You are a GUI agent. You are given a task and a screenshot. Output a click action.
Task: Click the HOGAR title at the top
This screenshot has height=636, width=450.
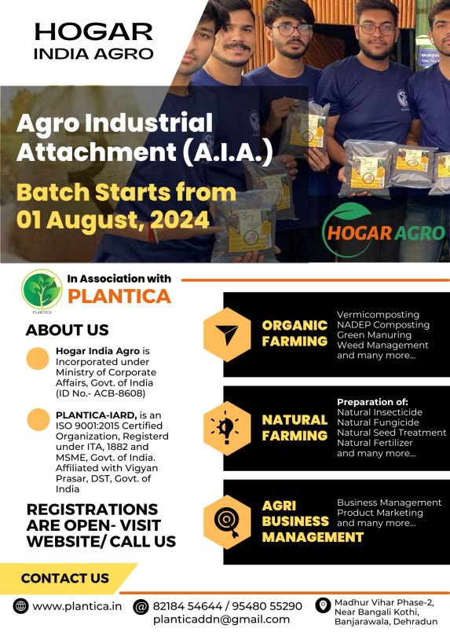(93, 31)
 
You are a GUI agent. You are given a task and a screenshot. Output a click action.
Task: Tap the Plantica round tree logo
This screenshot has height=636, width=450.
(42, 290)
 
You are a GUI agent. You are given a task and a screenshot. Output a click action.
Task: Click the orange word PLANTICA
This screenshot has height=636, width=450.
(119, 296)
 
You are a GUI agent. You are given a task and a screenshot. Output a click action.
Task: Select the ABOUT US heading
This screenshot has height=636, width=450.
(67, 330)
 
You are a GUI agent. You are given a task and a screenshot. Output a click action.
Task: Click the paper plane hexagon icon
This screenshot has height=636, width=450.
(227, 334)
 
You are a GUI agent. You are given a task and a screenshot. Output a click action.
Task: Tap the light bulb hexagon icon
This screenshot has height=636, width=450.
(227, 429)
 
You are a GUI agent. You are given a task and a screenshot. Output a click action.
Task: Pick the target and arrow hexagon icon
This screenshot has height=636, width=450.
(227, 522)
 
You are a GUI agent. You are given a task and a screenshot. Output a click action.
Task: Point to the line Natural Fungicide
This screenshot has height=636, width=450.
(372, 422)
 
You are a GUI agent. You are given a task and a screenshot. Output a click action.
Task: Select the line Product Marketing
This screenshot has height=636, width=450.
(380, 513)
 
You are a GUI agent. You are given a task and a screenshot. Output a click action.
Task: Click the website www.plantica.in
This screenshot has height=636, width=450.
(77, 606)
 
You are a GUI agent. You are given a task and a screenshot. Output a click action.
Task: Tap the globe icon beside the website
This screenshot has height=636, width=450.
(20, 606)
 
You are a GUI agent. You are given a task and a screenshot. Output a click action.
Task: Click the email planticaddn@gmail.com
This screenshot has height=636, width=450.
(221, 620)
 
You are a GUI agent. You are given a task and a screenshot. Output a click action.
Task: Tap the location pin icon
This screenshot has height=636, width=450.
(323, 605)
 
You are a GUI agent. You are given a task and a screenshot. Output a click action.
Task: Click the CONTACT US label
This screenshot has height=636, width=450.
(65, 578)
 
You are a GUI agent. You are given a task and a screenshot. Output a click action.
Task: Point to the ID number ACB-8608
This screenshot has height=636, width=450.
(122, 393)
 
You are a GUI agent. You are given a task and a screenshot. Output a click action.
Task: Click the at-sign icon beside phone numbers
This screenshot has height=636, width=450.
(141, 607)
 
